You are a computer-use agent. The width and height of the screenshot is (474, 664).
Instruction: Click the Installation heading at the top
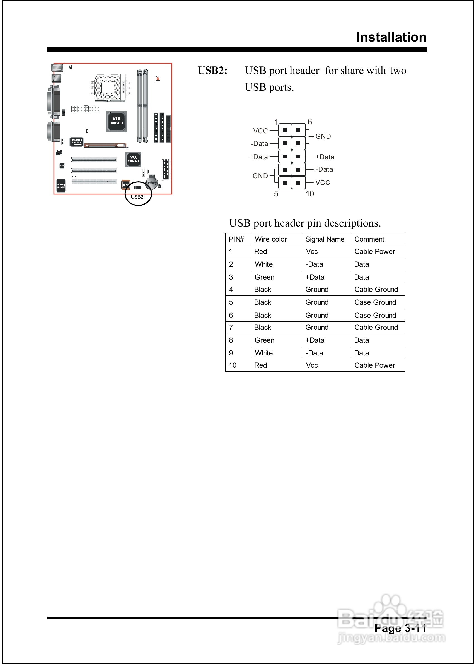tap(391, 37)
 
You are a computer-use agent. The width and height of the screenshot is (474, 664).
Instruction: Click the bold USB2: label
tap(212, 71)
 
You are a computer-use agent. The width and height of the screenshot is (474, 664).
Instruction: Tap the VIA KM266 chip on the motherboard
tap(116, 121)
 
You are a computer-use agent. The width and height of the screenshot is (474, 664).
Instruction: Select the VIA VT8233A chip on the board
tap(133, 159)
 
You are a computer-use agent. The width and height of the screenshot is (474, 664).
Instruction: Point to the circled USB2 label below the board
tap(137, 197)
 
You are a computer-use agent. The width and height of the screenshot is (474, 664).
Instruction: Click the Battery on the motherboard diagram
tap(151, 182)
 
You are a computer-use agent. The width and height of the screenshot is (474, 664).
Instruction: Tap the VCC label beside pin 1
tap(260, 131)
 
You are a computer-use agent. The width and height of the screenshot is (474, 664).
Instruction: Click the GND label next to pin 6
tap(323, 136)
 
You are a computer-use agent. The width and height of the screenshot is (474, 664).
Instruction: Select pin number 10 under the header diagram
tap(310, 194)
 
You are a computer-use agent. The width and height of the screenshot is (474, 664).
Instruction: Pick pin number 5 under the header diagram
tap(276, 194)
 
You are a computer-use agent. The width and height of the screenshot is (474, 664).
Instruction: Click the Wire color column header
tap(270, 239)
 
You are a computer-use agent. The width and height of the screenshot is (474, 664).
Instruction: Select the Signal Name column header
tap(325, 239)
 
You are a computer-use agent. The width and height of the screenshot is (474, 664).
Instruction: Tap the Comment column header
tap(369, 239)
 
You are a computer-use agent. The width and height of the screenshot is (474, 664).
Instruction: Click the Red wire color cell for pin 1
tap(260, 251)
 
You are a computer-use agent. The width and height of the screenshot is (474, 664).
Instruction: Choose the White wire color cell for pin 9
tap(263, 353)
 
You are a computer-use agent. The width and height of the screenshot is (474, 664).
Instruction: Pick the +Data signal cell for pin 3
tap(315, 277)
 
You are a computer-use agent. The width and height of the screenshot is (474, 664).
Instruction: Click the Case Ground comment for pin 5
tap(375, 302)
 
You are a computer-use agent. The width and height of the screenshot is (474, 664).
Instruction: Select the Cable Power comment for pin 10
tap(374, 365)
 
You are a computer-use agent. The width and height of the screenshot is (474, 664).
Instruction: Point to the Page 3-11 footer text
tap(400, 628)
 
